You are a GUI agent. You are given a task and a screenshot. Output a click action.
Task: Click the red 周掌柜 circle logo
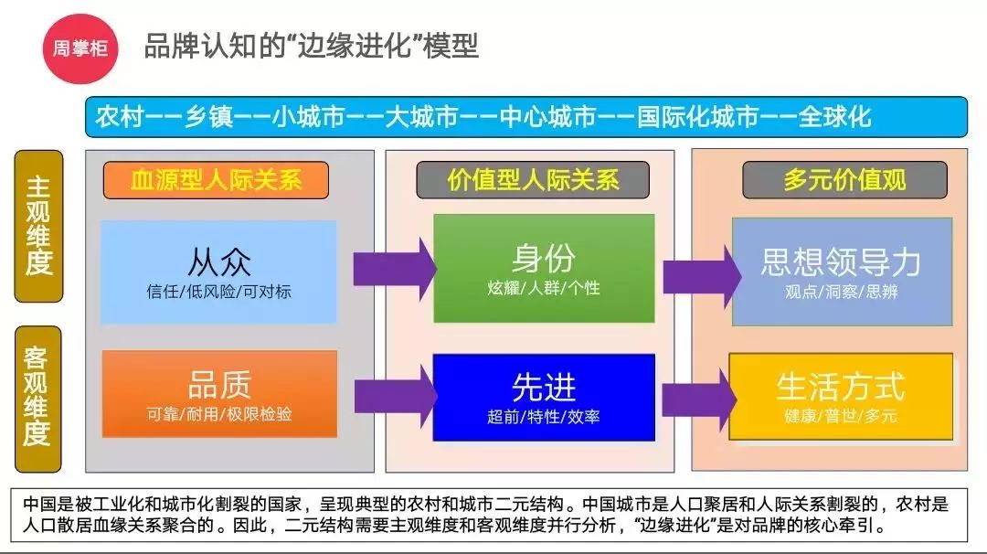(x=75, y=48)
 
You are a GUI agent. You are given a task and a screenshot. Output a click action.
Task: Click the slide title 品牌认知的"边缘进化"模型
(x=311, y=46)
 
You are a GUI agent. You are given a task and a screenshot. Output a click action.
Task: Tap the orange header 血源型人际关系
(x=216, y=179)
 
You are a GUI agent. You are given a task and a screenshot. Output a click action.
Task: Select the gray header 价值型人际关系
(x=533, y=179)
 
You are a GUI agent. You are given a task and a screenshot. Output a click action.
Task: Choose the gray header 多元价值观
(x=844, y=179)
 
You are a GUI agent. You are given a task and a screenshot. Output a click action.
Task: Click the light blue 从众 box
(x=218, y=272)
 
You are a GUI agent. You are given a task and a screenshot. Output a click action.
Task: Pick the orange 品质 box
(x=218, y=394)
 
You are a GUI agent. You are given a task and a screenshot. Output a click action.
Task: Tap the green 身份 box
(x=544, y=269)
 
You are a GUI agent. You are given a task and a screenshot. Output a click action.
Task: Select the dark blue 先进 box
(x=544, y=397)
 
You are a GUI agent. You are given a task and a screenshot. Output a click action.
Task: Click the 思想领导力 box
(x=841, y=272)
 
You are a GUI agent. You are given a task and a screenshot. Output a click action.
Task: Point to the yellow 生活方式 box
(x=841, y=396)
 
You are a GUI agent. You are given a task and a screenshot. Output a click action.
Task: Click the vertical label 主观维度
(x=38, y=226)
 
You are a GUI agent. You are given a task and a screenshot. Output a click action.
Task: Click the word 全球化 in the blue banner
(x=834, y=117)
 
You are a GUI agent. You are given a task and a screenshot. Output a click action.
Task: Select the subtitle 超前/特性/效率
(x=544, y=418)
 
